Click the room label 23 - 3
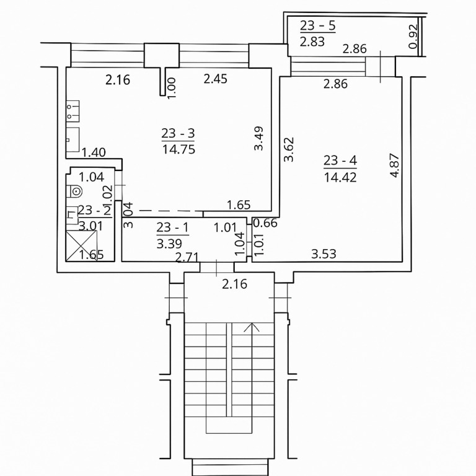178,133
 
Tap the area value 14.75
178,149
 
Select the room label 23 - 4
340,161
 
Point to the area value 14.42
340,177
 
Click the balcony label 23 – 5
318,25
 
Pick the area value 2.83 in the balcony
312,42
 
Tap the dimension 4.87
395,165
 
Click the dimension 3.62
289,149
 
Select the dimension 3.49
258,138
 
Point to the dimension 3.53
324,253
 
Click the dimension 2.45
215,79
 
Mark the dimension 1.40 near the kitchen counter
94,152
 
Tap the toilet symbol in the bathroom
74,192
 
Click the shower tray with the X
81,245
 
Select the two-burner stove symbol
73,111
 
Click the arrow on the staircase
252,327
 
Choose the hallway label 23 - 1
172,227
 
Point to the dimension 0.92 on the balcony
413,37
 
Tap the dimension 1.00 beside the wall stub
172,88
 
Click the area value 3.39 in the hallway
169,244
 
